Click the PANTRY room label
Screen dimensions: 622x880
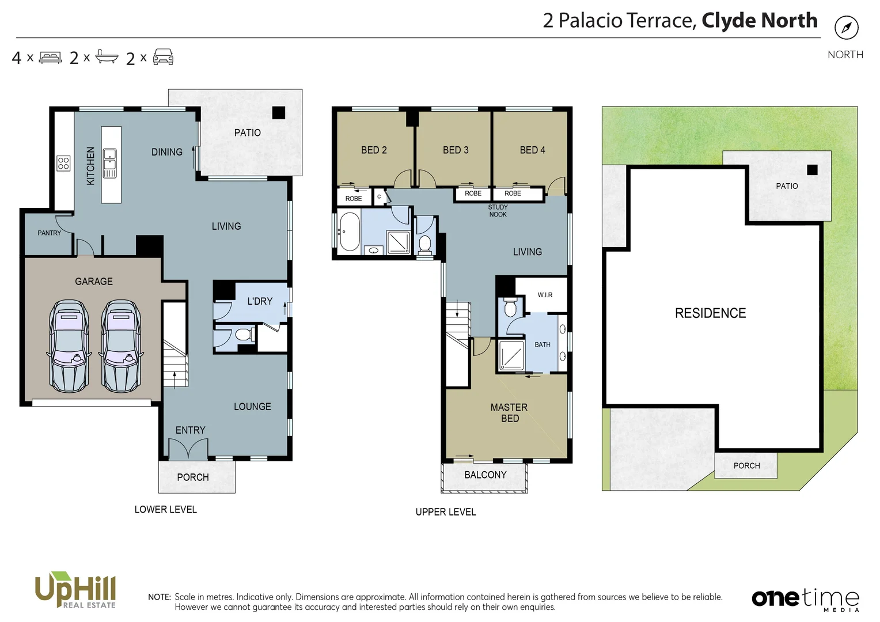point(49,233)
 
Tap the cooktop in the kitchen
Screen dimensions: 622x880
point(63,163)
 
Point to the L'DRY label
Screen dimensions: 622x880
point(260,301)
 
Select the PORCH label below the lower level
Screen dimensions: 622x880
point(193,477)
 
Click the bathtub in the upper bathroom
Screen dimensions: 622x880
point(349,232)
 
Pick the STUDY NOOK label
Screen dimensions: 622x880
point(498,211)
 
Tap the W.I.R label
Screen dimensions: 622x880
point(545,295)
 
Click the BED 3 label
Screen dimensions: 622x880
point(456,150)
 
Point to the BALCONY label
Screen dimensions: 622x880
point(485,475)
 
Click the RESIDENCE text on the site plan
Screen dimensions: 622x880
point(710,313)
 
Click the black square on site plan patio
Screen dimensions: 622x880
point(812,170)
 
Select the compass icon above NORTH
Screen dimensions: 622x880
point(846,28)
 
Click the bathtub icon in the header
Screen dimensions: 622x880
point(107,56)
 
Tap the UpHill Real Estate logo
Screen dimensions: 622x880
point(75,590)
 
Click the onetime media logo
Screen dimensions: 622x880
point(805,599)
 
